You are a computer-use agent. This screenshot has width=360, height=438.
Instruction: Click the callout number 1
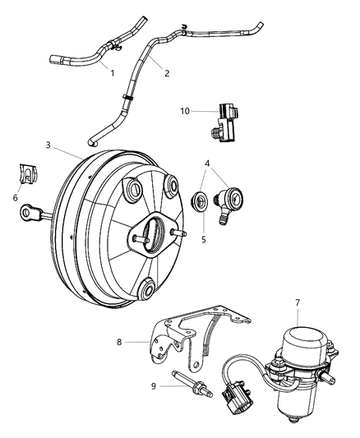(112, 73)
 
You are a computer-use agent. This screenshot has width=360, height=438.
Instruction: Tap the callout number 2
(167, 73)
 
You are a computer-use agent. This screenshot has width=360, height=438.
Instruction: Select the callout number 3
(48, 145)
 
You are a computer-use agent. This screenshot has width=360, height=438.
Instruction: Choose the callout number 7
(298, 303)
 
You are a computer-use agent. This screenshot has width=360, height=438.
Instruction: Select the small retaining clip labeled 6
(27, 176)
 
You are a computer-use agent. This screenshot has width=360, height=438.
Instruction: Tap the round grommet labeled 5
(200, 202)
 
